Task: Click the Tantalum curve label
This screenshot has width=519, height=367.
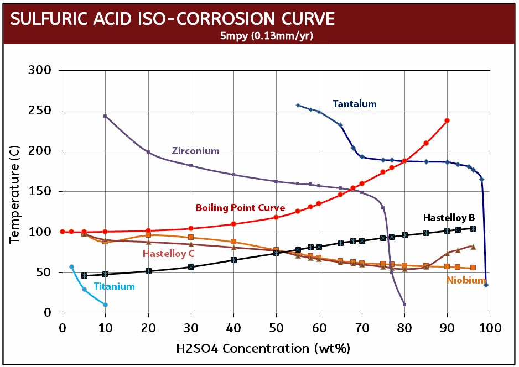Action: point(354,103)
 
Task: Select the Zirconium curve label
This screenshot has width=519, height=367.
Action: point(195,150)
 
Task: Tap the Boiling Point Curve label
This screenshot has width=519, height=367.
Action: point(240,208)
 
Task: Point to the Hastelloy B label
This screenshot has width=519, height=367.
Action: point(449,217)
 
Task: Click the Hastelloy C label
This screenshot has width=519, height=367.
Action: point(168,254)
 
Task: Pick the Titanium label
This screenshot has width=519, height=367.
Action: point(114,286)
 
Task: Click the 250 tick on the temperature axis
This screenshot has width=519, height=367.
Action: point(40,111)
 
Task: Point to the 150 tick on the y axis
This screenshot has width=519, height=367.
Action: point(40,191)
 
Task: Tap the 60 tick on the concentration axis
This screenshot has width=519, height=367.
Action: point(319,328)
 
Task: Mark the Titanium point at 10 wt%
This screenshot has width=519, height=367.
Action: point(105,305)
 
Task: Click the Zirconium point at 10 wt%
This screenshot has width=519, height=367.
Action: point(105,116)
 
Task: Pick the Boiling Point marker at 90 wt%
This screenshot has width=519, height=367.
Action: point(447,120)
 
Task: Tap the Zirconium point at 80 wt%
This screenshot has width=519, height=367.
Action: point(404,305)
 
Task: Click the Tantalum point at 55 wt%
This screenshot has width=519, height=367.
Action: point(298,105)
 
